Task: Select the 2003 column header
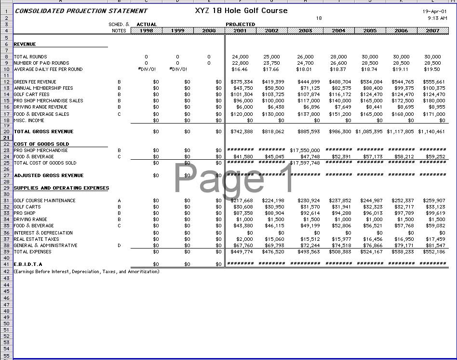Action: point(305,30)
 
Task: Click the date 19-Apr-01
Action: point(434,11)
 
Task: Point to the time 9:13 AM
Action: point(437,18)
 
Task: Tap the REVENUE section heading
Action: point(25,44)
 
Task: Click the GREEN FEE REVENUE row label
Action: point(35,82)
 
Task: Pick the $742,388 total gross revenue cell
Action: point(242,132)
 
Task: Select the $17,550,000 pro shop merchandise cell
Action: point(305,151)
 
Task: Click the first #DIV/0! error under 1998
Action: point(147,69)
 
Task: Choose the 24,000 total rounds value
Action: point(240,57)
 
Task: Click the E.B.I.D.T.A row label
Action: point(28,264)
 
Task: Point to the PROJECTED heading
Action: point(240,24)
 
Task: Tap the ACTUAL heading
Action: point(147,24)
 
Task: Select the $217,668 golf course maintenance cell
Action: point(242,201)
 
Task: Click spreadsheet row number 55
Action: point(7,355)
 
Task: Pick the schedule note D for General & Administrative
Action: point(119,246)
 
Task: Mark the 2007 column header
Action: point(432,30)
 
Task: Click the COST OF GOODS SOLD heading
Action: point(41,144)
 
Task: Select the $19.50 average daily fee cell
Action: point(432,69)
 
